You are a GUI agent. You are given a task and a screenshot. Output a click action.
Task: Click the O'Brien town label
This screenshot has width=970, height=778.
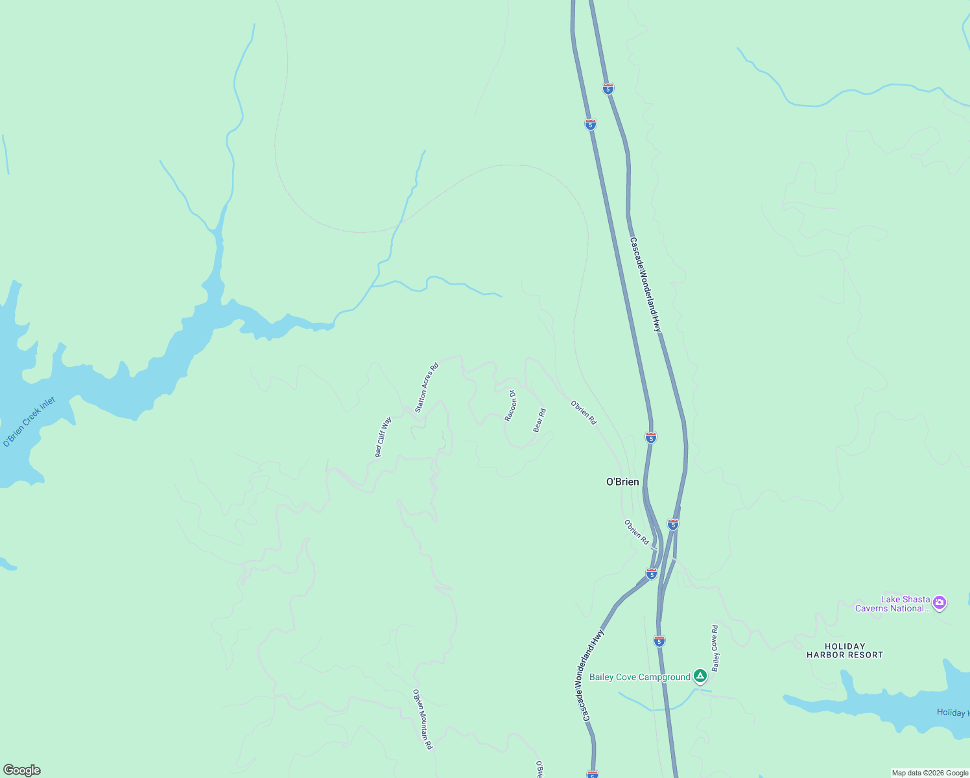(622, 482)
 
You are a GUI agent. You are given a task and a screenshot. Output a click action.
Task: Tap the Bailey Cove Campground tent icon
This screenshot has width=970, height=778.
(700, 676)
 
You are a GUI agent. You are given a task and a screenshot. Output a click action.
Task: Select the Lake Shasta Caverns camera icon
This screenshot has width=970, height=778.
(940, 603)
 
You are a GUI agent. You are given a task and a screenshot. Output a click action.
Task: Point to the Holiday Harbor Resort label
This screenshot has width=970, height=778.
(844, 650)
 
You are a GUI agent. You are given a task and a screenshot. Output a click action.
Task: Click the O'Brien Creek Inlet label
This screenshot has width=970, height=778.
(29, 422)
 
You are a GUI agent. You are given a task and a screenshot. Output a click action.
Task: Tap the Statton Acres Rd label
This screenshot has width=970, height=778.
(426, 388)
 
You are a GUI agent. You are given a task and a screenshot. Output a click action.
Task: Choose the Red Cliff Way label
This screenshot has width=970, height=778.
(383, 438)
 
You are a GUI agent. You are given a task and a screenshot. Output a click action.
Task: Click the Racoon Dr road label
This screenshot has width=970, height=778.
(510, 406)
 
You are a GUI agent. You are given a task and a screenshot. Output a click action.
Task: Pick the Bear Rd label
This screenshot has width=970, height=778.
(539, 420)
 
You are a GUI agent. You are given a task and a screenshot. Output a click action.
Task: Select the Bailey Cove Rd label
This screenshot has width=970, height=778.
(715, 648)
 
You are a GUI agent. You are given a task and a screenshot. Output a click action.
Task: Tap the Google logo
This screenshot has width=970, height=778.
(21, 770)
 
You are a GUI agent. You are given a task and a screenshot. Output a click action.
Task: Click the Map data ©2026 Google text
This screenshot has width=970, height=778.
(929, 773)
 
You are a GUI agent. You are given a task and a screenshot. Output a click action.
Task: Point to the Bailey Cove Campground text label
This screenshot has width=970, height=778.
(639, 678)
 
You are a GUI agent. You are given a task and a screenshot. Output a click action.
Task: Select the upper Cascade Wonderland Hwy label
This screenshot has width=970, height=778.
(646, 285)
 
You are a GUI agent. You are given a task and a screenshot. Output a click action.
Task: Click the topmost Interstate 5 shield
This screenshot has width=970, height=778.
(608, 89)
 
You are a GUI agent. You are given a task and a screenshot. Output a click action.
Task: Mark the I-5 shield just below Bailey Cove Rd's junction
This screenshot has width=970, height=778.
(659, 641)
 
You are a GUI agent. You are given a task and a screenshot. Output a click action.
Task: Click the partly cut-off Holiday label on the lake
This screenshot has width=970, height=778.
(952, 713)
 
